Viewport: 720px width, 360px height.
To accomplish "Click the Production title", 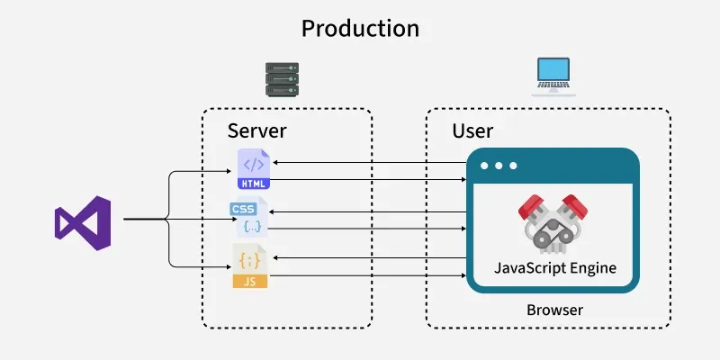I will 360,29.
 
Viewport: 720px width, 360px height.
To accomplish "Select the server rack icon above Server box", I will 281,79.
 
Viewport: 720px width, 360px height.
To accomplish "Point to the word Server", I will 256,131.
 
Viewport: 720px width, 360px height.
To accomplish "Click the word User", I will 472,131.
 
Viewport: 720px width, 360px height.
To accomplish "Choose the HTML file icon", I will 253,168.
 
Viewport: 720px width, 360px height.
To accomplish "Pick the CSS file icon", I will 247,218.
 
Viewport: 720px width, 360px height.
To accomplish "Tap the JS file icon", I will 249,266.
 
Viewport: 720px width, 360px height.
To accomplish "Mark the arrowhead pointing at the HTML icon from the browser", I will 274,162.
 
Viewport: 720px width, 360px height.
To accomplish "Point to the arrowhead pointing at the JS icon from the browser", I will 276,257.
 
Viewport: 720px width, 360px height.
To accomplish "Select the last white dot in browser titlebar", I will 513,166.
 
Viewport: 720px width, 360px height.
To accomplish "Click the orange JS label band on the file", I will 249,281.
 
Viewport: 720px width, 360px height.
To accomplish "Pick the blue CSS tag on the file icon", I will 243,209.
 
